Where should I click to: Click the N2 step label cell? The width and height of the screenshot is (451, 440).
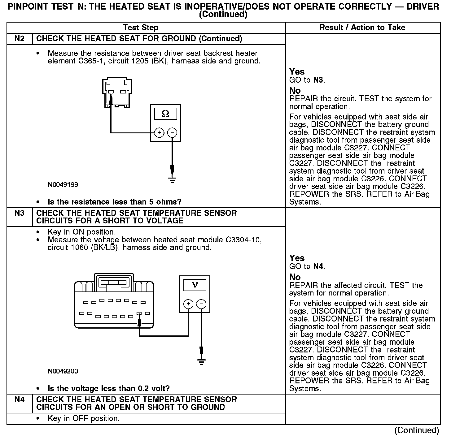(x=19, y=39)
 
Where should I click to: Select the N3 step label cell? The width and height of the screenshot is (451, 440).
(x=19, y=213)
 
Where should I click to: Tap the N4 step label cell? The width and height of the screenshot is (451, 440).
(x=19, y=400)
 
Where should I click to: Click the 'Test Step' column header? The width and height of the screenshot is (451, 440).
(x=141, y=28)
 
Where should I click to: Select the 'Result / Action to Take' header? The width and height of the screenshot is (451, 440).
(x=362, y=28)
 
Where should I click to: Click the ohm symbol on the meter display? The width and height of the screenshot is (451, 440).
(x=165, y=114)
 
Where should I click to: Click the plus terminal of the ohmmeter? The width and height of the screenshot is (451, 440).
(x=159, y=133)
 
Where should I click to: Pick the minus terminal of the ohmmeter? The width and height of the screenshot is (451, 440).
(x=172, y=133)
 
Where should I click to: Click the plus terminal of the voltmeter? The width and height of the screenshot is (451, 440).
(x=188, y=304)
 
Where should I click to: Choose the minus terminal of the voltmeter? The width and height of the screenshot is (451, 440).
(x=201, y=304)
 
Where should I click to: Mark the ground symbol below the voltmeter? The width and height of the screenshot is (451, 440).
(x=201, y=361)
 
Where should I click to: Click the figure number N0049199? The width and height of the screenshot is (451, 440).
(x=63, y=185)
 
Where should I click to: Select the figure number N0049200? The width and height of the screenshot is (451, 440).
(x=63, y=371)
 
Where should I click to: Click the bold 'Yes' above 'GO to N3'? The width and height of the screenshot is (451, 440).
(x=297, y=72)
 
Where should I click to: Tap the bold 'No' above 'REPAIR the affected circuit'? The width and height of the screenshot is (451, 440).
(x=295, y=277)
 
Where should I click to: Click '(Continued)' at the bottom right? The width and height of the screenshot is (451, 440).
(x=416, y=430)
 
